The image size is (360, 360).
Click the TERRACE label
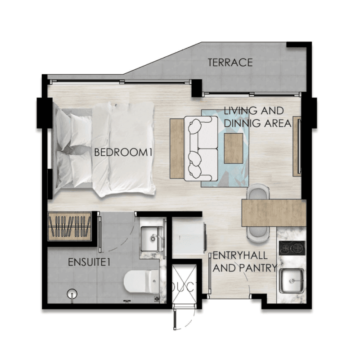(x=230, y=63)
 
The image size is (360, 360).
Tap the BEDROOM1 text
(x=123, y=153)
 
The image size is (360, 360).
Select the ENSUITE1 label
(x=89, y=262)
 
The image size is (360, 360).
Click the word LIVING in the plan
(x=240, y=111)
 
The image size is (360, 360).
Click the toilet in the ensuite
(x=141, y=282)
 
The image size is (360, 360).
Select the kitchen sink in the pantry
(x=292, y=281)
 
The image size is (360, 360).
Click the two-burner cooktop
(x=292, y=248)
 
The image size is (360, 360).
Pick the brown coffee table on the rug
(x=234, y=148)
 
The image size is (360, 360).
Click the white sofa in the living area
(x=201, y=149)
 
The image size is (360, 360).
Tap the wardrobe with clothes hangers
(x=70, y=227)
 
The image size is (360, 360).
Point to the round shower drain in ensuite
(x=72, y=294)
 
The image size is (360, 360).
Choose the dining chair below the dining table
(x=258, y=234)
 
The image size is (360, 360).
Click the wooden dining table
(x=274, y=213)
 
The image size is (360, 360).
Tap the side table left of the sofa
(x=177, y=148)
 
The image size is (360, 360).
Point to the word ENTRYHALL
(x=240, y=255)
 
